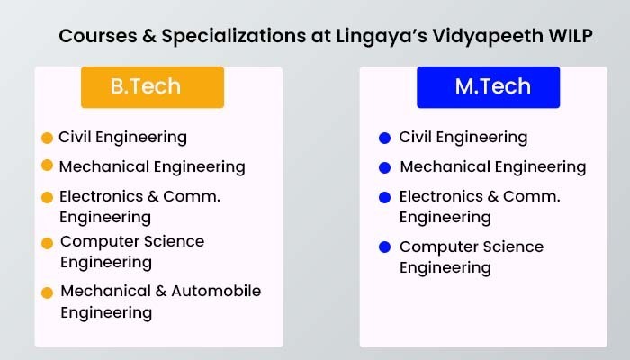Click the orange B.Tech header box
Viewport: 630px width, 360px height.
[153, 87]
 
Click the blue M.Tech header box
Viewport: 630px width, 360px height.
[488, 87]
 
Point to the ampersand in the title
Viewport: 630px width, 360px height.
[149, 36]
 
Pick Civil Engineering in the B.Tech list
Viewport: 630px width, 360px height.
[122, 138]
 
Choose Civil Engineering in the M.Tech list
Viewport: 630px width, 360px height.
[463, 138]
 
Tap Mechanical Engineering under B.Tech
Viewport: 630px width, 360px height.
[152, 167]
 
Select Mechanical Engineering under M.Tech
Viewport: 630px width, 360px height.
[493, 167]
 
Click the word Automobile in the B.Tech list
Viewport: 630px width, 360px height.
[216, 291]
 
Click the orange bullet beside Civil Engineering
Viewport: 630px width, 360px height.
[48, 138]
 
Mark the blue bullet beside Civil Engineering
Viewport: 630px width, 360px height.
[385, 138]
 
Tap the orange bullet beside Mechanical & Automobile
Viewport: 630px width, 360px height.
[48, 292]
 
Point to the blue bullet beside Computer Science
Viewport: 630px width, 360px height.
[385, 247]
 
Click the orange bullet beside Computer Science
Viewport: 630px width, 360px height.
[48, 244]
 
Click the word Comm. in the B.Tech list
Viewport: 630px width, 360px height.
[192, 196]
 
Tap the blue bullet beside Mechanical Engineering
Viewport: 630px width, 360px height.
[385, 167]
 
